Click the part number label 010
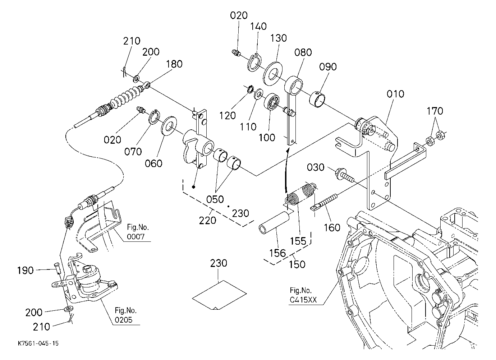[395, 94]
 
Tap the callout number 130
[279, 38]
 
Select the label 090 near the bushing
[328, 66]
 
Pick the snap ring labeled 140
[254, 63]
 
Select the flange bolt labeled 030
[345, 175]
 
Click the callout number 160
[332, 227]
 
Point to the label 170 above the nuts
[435, 111]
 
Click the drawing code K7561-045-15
[38, 343]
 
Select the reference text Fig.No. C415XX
[303, 295]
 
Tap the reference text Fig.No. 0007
[137, 232]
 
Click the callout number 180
[174, 64]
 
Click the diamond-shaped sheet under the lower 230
[219, 295]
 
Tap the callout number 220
[207, 220]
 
